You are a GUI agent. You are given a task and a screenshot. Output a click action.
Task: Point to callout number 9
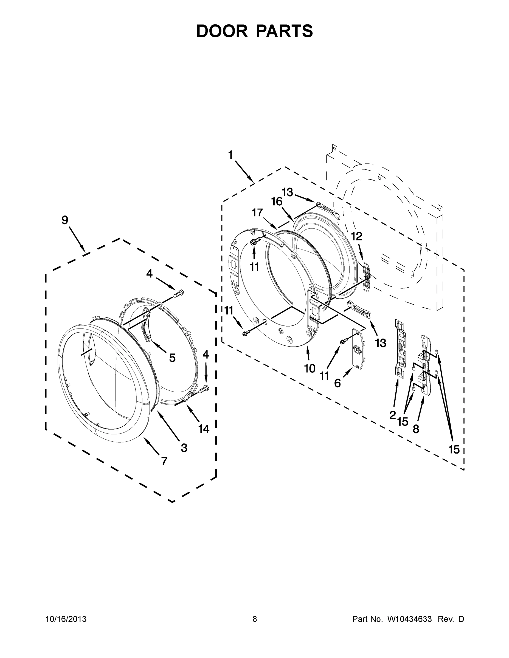[65, 220]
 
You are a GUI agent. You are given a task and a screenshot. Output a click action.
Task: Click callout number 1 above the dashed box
[230, 155]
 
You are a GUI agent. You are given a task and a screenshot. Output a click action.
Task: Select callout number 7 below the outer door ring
[164, 461]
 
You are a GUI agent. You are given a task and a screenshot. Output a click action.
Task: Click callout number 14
[204, 429]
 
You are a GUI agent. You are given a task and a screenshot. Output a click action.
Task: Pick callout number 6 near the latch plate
[338, 383]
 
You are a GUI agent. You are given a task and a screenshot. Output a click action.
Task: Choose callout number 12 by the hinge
[357, 237]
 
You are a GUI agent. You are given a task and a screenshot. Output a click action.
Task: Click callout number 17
[257, 213]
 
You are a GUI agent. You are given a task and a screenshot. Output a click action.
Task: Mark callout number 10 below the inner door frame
[310, 368]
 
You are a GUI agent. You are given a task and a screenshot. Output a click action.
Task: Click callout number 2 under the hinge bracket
[392, 415]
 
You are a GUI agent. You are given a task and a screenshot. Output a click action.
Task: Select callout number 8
[416, 429]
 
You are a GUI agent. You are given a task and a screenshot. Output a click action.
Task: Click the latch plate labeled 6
[358, 350]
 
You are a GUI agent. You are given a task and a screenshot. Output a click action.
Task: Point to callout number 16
[277, 202]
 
